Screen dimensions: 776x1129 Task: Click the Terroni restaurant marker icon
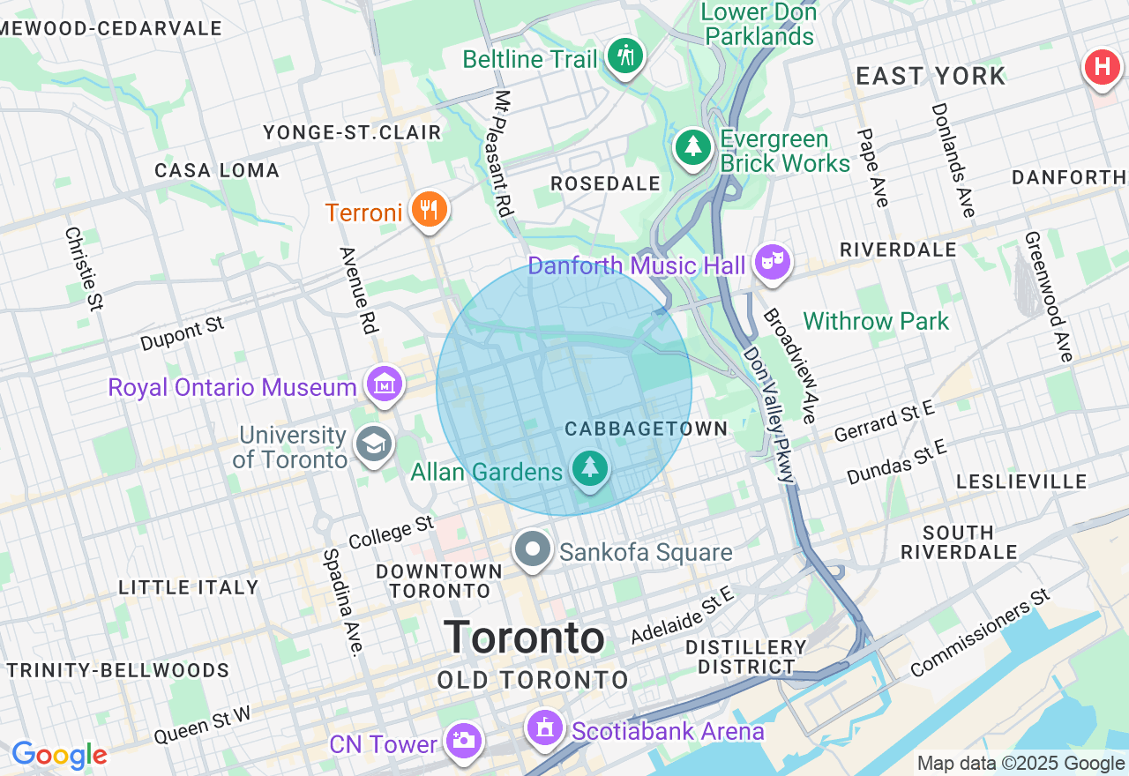coord(430,210)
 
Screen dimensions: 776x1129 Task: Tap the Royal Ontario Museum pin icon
coord(385,385)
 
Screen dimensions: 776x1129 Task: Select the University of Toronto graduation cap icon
coord(373,445)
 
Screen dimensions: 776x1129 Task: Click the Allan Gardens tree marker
coord(589,468)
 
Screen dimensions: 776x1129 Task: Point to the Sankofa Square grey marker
coord(533,549)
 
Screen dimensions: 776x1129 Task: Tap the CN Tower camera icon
coord(463,741)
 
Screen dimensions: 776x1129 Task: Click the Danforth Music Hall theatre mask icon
coord(773,262)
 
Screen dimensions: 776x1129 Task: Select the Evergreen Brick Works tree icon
coord(694,147)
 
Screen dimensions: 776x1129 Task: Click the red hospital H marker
coord(1102,67)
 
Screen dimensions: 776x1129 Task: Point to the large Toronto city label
coord(524,637)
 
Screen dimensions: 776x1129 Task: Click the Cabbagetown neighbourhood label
coord(647,429)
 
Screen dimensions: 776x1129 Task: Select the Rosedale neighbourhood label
coord(605,183)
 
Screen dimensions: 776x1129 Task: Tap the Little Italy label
coord(189,587)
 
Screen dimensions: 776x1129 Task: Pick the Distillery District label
coord(746,657)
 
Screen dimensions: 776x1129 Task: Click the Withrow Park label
coord(876,321)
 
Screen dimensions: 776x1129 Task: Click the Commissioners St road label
coord(979,633)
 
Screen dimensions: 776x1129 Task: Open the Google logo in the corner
coord(59,755)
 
